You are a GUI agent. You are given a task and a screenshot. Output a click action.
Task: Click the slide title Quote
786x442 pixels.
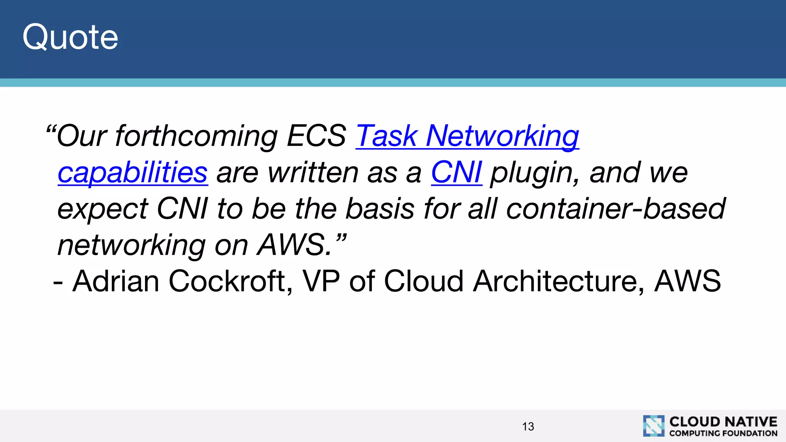[70, 37]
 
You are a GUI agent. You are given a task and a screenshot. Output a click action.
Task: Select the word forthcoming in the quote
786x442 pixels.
[196, 136]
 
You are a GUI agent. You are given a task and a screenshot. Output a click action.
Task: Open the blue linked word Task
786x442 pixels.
[386, 136]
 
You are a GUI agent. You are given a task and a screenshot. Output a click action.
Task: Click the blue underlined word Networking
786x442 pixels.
[502, 136]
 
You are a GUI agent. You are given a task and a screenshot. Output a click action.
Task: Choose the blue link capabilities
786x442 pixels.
[133, 172]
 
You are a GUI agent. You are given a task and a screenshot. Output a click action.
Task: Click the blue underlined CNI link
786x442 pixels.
[456, 172]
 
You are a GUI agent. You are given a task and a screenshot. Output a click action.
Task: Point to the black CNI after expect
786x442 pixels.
[182, 209]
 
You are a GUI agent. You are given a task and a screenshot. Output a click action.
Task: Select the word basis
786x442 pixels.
[380, 209]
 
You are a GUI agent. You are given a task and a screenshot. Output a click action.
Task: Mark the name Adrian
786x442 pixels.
[116, 281]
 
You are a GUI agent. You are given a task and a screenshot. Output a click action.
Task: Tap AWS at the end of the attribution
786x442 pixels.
[687, 281]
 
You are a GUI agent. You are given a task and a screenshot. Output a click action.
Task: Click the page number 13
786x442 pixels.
[528, 426]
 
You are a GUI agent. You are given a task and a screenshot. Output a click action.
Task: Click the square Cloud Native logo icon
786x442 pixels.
[654, 426]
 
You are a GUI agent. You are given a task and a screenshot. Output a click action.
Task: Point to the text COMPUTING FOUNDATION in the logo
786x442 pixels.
[723, 433]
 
